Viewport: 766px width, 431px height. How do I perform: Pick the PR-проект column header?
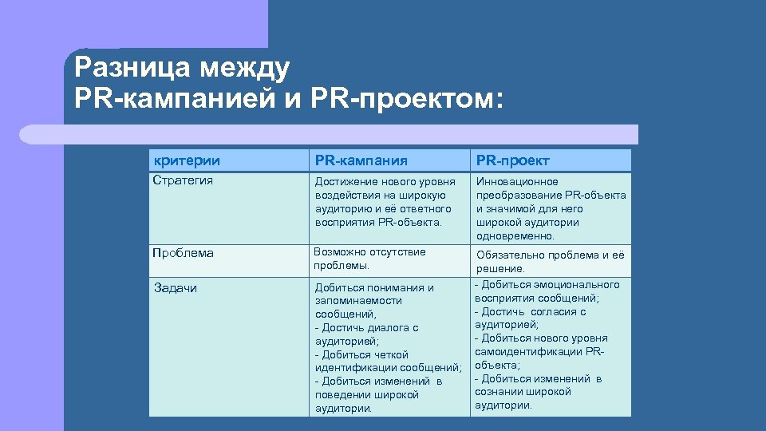(x=513, y=160)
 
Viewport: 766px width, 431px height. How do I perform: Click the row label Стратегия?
(x=183, y=180)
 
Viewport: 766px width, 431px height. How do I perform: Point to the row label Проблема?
(x=184, y=253)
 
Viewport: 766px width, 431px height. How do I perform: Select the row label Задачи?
(x=175, y=287)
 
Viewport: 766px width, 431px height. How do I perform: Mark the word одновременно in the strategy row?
(x=515, y=236)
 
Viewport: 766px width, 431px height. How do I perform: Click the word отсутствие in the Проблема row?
(x=397, y=252)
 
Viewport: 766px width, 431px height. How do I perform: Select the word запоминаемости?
(x=358, y=301)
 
